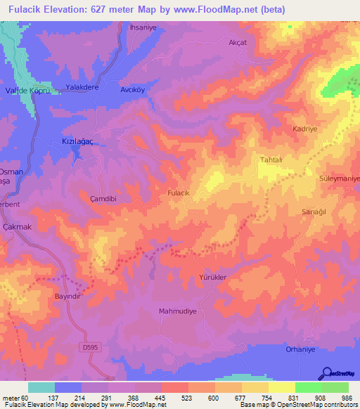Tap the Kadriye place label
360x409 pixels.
(306, 129)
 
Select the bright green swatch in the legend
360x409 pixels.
(308, 387)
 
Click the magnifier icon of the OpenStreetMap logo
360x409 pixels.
(326, 374)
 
